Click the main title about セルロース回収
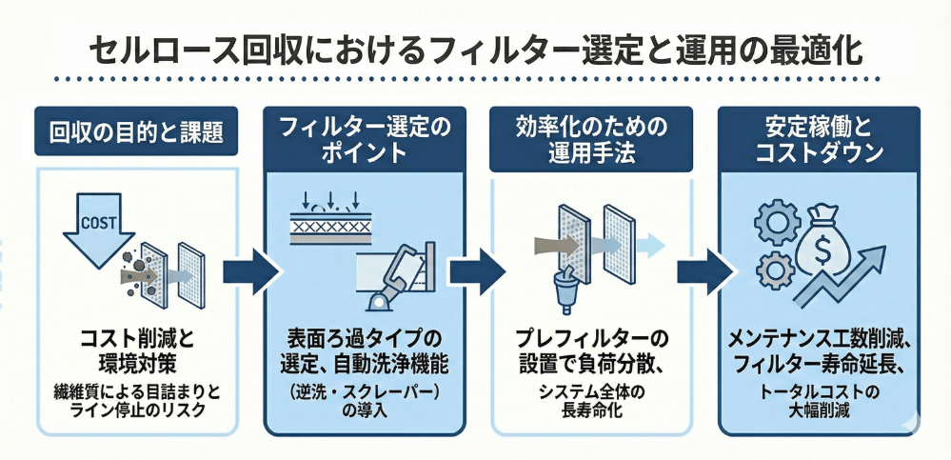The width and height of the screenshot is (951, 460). pos(475,49)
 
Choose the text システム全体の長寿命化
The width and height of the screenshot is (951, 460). pos(587,400)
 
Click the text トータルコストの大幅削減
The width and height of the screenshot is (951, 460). pos(818,401)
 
